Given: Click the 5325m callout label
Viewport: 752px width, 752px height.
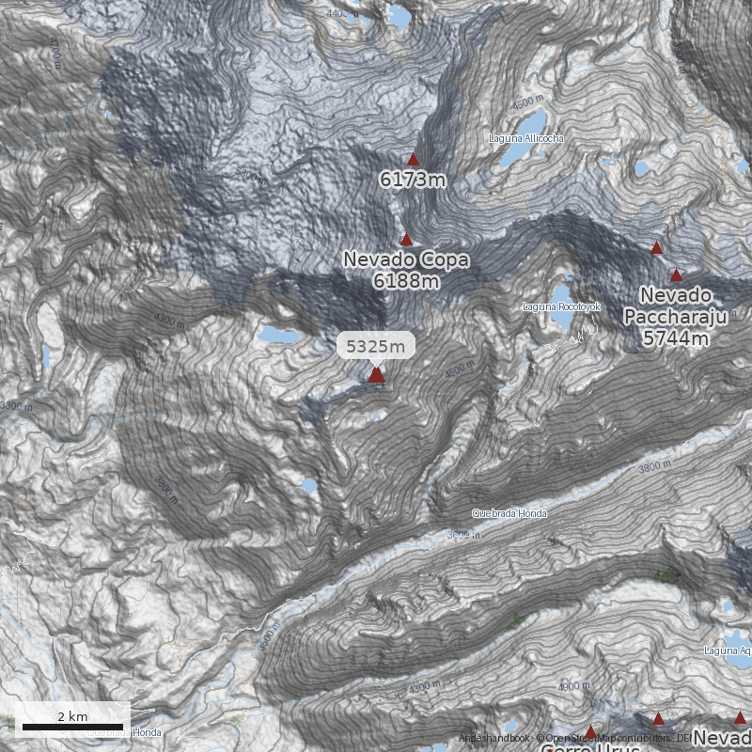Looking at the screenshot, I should click(376, 346).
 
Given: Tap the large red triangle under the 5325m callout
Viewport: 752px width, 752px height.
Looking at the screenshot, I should click(376, 375).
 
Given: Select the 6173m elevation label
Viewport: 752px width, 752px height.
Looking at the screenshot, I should click(413, 178).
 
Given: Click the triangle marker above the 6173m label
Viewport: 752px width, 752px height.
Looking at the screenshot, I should click(413, 159).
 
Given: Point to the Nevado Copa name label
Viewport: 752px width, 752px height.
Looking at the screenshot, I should click(406, 258).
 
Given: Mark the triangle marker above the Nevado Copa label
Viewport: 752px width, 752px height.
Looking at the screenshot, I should click(406, 240).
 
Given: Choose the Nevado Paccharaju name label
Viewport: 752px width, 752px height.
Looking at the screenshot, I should click(676, 307).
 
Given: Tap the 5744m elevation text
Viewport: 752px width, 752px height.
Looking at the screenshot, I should click(676, 338).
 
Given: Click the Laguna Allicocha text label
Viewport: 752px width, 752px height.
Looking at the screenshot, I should click(526, 138).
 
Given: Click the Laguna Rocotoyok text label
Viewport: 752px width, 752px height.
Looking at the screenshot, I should click(561, 307).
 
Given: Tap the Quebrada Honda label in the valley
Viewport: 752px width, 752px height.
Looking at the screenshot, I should click(509, 513).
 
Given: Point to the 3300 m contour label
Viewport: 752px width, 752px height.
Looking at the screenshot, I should click(16, 406).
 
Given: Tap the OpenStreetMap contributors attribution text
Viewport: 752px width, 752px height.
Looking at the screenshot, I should click(602, 739).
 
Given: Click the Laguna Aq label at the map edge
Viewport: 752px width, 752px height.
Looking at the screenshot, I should click(727, 650).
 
